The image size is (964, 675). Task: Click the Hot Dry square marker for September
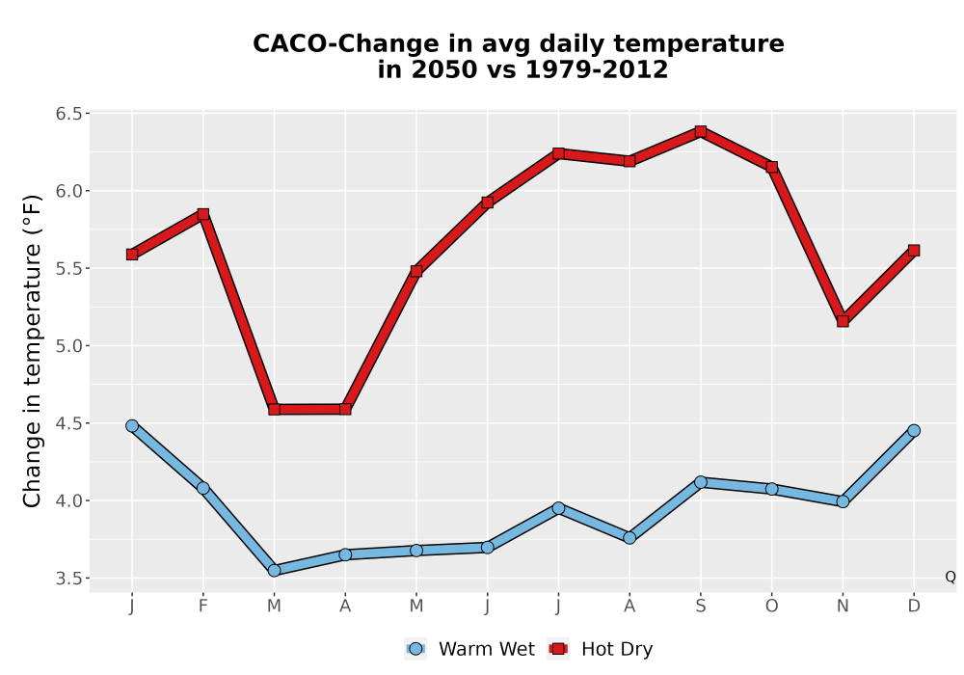click(700, 131)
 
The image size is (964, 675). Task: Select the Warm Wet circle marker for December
click(914, 430)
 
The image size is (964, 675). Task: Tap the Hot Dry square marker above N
click(843, 321)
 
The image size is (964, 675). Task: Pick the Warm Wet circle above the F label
click(202, 488)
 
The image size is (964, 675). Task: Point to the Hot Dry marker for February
click(202, 214)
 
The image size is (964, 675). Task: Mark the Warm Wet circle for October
click(771, 489)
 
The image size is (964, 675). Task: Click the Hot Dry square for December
click(914, 250)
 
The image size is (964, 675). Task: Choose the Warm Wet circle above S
click(700, 482)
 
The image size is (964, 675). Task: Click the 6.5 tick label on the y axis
click(68, 114)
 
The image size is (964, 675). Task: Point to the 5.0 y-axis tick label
click(68, 346)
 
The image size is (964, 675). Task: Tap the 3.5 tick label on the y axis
click(68, 579)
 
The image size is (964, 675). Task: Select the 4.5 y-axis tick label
click(68, 423)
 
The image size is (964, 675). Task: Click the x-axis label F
click(202, 607)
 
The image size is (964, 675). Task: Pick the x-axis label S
click(700, 607)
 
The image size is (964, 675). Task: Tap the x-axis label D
click(914, 607)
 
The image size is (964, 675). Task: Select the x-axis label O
click(771, 607)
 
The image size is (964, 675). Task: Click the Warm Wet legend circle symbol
click(415, 649)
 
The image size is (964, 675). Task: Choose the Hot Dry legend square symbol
click(558, 649)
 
